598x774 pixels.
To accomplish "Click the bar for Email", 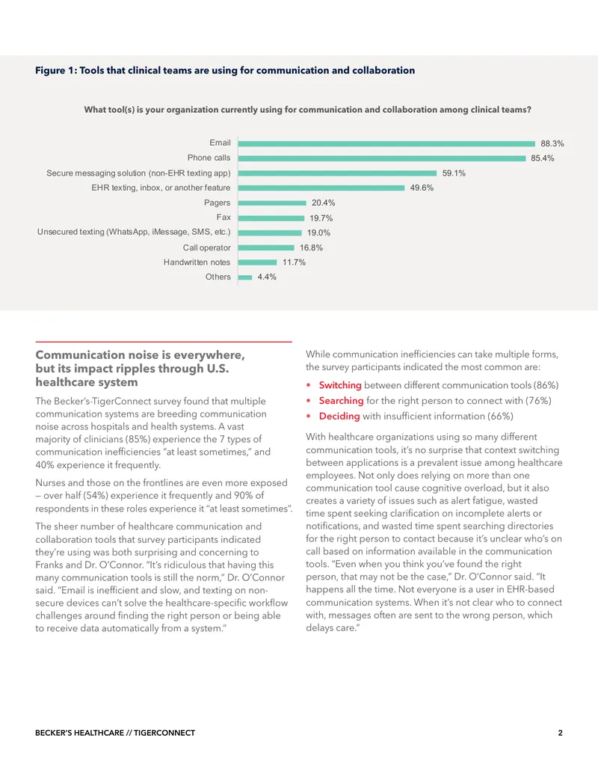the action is point(386,144).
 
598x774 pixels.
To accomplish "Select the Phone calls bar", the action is point(382,159).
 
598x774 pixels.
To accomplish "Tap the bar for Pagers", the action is point(272,203).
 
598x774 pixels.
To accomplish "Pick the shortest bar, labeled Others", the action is point(245,277).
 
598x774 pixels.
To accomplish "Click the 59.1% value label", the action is point(454,173).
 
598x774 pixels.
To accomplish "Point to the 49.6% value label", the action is point(422,188).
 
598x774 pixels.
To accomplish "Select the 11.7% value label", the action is point(294,262).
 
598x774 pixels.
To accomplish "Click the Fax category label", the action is point(224,217).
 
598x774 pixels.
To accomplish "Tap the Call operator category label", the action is point(207,248).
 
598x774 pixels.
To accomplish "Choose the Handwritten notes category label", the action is point(197,262).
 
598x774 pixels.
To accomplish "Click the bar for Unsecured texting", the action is point(269,233).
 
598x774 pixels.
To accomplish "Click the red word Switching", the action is point(340,385).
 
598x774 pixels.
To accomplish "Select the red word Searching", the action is point(341,401).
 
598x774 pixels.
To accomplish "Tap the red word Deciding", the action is point(339,416).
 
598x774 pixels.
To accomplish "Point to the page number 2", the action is point(560,733).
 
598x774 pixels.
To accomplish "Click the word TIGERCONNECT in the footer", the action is point(164,733).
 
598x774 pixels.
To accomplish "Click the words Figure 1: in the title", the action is point(56,70).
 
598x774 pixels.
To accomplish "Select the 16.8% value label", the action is point(312,248).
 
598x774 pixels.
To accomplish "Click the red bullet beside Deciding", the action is point(309,417).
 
